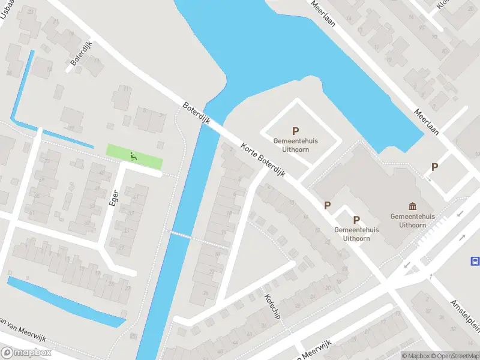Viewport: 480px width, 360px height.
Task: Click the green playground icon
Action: point(134,157)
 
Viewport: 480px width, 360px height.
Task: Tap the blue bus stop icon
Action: point(475,261)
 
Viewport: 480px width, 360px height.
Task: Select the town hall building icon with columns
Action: point(412,206)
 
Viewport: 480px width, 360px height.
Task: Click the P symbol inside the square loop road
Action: point(295,131)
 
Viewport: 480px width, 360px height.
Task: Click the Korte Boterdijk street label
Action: point(263,160)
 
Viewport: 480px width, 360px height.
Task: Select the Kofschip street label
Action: point(272,305)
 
